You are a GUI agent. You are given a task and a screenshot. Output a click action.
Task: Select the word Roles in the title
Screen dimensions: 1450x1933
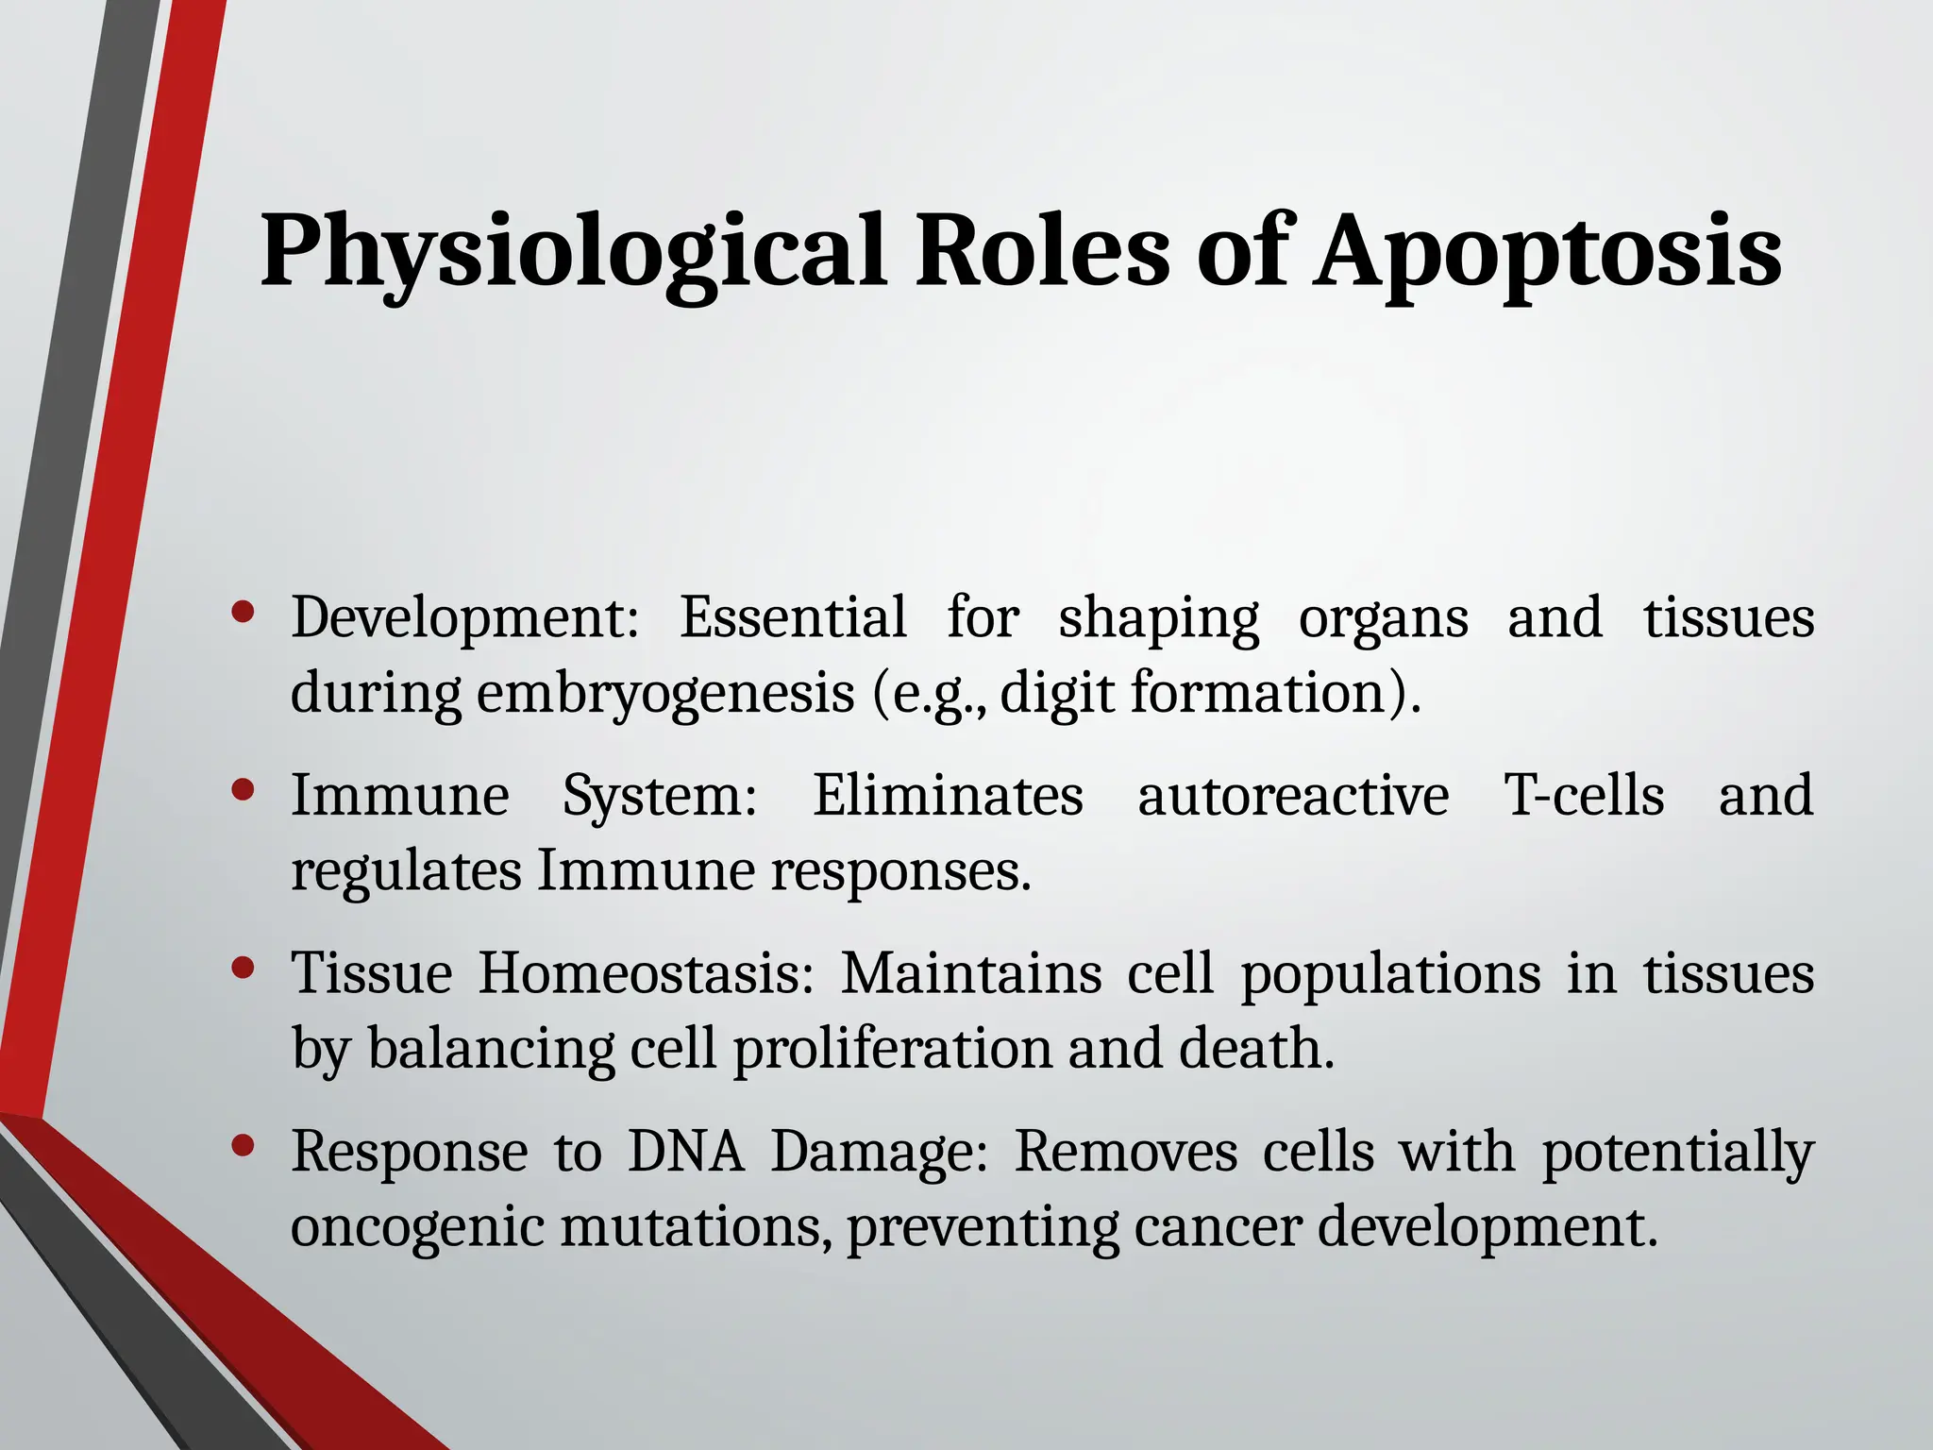1042,251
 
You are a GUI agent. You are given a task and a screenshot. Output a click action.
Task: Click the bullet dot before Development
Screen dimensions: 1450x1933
243,614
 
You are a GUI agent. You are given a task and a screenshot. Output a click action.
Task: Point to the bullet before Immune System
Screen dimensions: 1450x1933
243,790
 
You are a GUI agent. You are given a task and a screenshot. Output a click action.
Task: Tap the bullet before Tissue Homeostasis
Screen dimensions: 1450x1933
243,969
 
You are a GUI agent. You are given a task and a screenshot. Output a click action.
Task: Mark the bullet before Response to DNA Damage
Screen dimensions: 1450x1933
243,1146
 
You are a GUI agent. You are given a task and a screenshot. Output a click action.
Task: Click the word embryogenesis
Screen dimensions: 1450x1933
665,695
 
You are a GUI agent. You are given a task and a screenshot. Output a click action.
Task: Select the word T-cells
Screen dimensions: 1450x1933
1583,796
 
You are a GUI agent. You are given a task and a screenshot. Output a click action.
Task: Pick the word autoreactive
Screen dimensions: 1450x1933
1292,796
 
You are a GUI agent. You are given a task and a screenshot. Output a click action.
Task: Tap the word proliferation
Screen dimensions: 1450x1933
892,1050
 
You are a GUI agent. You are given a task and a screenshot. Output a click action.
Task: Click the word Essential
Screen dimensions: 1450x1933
792,618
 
